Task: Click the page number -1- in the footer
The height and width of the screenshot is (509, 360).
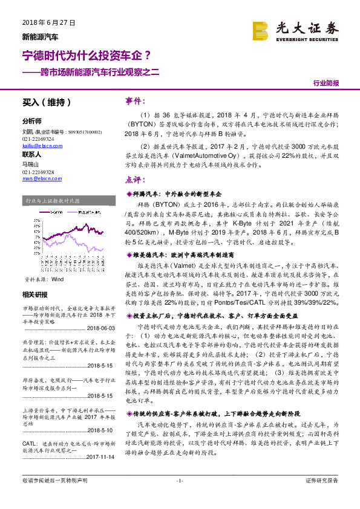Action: pos(180,498)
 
